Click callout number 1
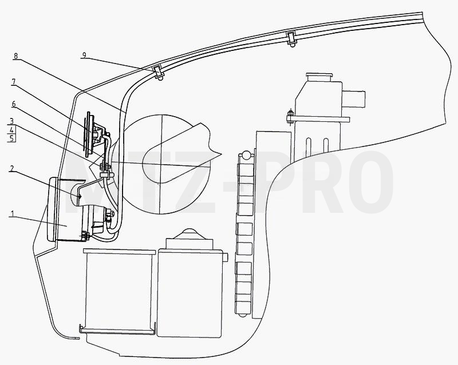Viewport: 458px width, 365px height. [12, 213]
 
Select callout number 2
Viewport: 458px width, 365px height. [12, 168]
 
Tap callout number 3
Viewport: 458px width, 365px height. [11, 121]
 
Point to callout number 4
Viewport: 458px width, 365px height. [11, 129]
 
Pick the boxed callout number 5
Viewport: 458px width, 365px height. [11, 138]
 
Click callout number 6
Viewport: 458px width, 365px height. [14, 104]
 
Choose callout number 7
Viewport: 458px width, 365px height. [13, 82]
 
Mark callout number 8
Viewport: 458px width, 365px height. [15, 55]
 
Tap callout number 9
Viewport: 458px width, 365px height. [84, 55]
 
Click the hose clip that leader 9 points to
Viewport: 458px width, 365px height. [158, 72]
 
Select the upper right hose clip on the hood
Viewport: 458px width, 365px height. [291, 38]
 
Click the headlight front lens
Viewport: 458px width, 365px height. [52, 209]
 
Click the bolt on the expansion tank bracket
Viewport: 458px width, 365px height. [290, 117]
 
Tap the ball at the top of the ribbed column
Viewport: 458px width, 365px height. [246, 155]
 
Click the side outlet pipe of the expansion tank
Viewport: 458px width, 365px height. [354, 100]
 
